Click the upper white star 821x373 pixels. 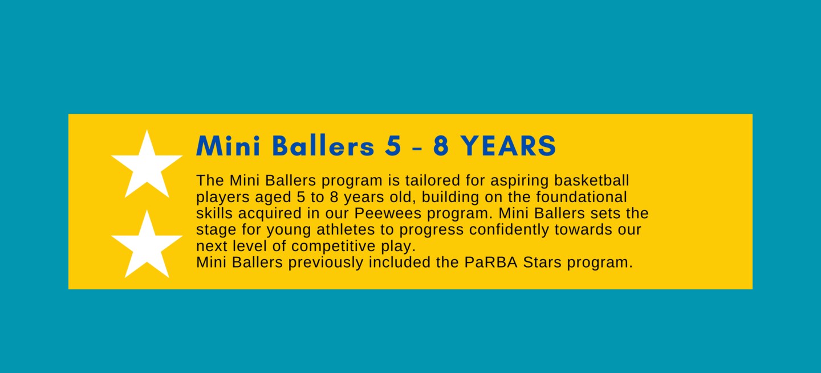click(x=147, y=166)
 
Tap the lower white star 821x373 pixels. click(x=147, y=247)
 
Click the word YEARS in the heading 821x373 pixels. click(x=508, y=146)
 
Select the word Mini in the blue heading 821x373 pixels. click(x=228, y=146)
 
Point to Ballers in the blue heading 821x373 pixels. click(x=323, y=146)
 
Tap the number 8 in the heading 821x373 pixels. click(x=441, y=146)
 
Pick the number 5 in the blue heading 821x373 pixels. click(x=393, y=146)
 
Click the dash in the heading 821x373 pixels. click(x=417, y=148)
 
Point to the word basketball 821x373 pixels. click(x=592, y=181)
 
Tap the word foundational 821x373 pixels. click(x=582, y=197)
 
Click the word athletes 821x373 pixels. click(x=346, y=229)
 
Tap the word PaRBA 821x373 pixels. click(x=491, y=262)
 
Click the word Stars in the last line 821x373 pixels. click(x=542, y=262)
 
